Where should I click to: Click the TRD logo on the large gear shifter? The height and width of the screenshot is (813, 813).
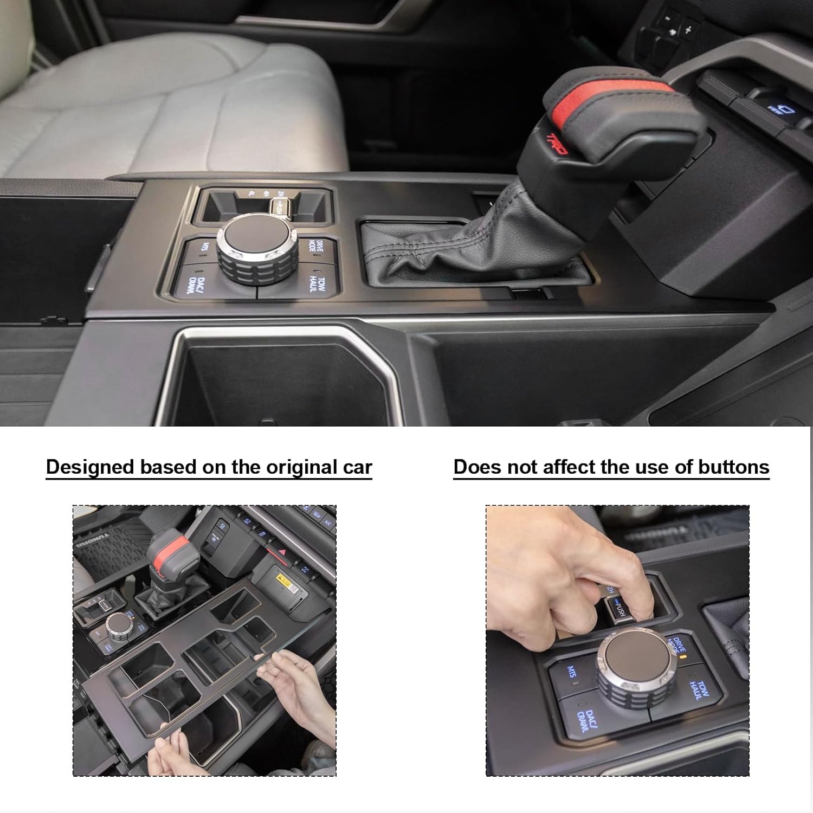coord(557,143)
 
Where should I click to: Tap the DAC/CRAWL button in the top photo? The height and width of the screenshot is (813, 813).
coord(194,284)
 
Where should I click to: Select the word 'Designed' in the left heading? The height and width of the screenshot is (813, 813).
coord(89,467)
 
